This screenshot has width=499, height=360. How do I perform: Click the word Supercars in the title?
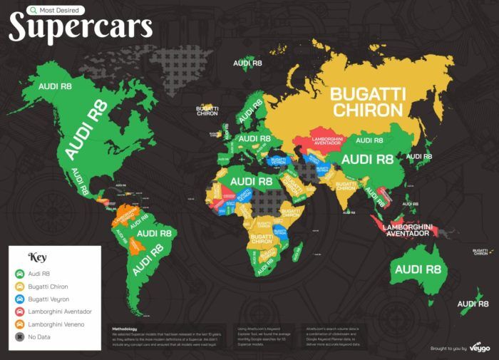(80, 27)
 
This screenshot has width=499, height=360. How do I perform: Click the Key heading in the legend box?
(37, 257)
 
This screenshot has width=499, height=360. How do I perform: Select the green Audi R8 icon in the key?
(19, 273)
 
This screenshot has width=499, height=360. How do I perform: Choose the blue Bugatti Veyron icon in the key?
(19, 299)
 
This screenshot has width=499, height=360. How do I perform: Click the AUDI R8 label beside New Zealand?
(475, 304)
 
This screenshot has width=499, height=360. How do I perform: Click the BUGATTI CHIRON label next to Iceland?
(207, 112)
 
